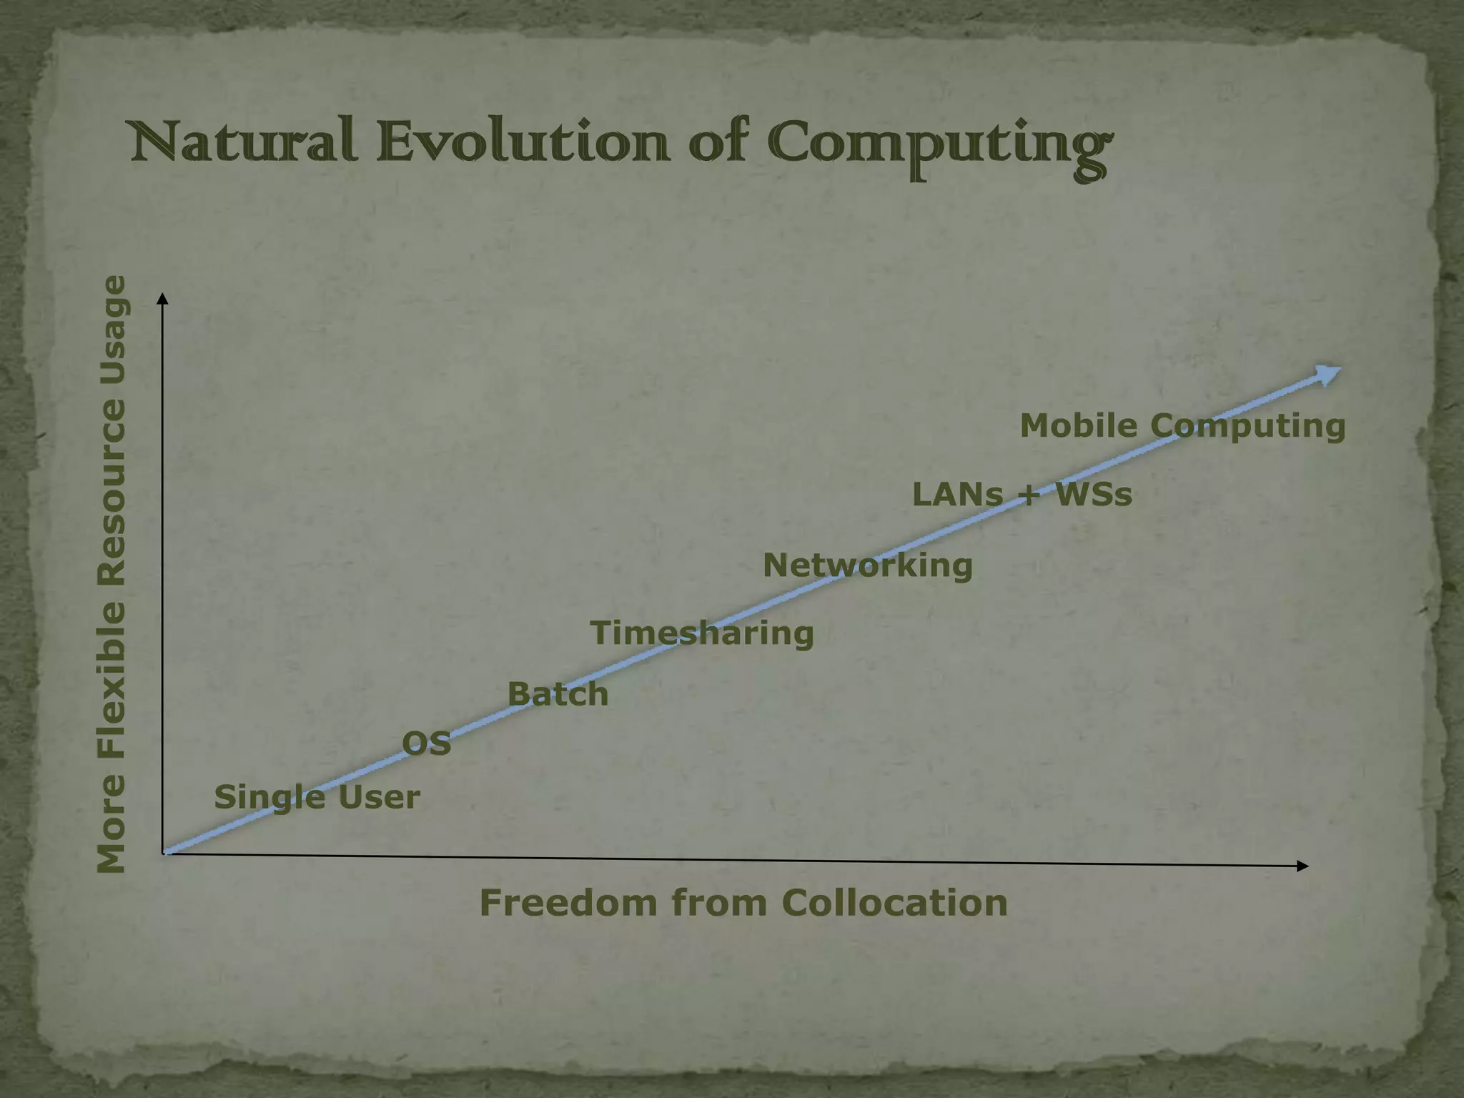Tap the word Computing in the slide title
point(941,147)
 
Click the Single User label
point(317,797)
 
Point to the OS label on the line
point(427,744)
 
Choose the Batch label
point(558,694)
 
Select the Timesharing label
point(702,633)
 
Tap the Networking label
point(868,565)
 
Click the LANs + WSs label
point(1022,495)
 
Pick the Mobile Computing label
point(1182,426)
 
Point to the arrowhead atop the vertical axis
point(163,298)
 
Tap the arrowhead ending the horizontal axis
point(1302,866)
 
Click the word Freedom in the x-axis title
point(568,902)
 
